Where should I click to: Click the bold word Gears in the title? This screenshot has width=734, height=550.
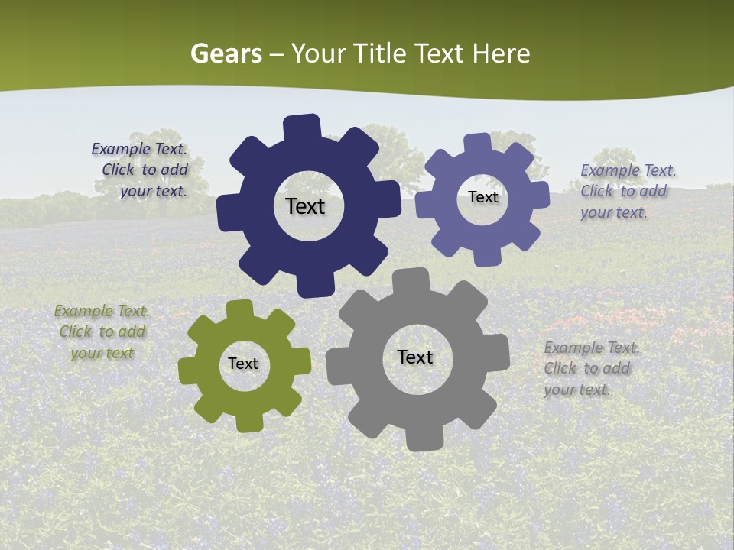pyautogui.click(x=226, y=53)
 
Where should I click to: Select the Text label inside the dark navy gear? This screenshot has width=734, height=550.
pyautogui.click(x=305, y=206)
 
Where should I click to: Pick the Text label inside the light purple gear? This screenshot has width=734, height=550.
pyautogui.click(x=482, y=197)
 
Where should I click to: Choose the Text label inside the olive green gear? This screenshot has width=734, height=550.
pyautogui.click(x=243, y=364)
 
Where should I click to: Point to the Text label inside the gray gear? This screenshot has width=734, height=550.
pyautogui.click(x=415, y=357)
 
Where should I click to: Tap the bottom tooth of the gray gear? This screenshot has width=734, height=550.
pyautogui.click(x=424, y=438)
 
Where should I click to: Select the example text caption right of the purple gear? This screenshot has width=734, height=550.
pyautogui.click(x=625, y=191)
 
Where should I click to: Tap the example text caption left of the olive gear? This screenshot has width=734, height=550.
pyautogui.click(x=102, y=332)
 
